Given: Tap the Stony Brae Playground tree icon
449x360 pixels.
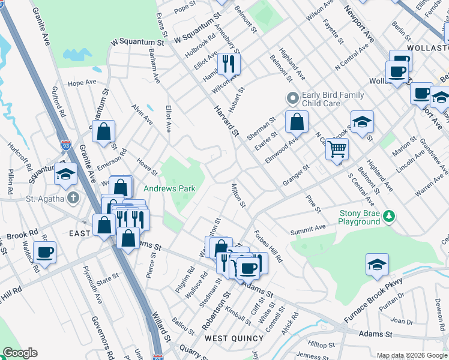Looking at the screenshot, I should pyautogui.click(x=389, y=215).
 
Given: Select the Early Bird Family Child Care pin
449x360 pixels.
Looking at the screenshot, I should pyautogui.click(x=292, y=98).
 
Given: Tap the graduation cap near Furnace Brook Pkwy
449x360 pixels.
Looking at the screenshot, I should pyautogui.click(x=377, y=263).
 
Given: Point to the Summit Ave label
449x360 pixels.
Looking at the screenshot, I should pyautogui.click(x=308, y=228).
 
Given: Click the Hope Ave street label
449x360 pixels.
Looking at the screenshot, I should pyautogui.click(x=82, y=82).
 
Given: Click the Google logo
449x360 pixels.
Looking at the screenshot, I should pyautogui.click(x=20, y=353).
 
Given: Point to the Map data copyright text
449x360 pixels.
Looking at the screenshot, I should pyautogui.click(x=412, y=355).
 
